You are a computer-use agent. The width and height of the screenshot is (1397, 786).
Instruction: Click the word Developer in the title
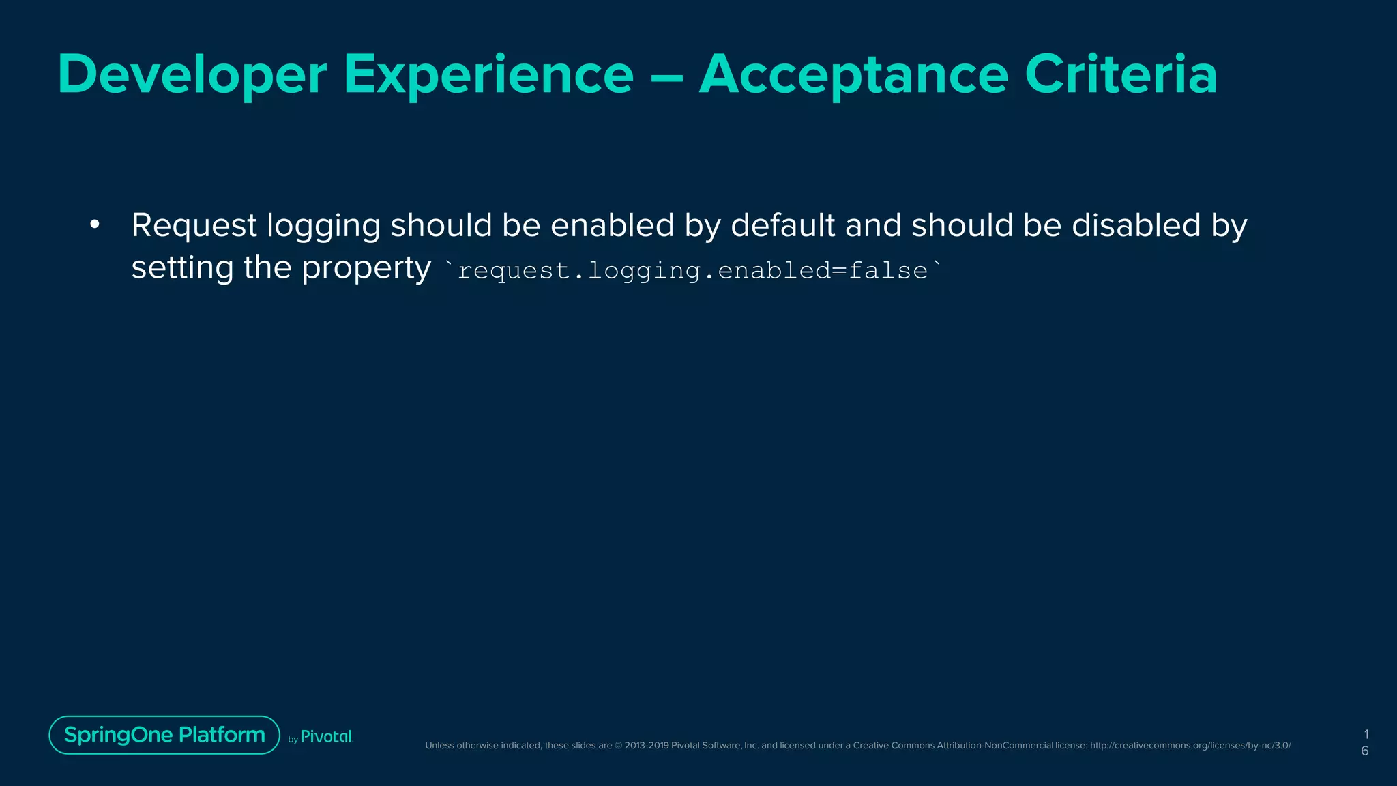(192, 75)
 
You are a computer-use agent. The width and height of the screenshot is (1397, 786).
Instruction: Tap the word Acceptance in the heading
(853, 75)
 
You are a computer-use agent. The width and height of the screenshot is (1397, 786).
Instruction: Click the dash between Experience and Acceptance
(666, 76)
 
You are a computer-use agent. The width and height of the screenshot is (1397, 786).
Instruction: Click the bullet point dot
(95, 224)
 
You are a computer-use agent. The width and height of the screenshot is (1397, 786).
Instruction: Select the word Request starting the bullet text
(194, 226)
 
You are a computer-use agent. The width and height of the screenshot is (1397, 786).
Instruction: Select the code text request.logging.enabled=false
(692, 271)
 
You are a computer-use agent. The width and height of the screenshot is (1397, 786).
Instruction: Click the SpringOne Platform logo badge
(164, 735)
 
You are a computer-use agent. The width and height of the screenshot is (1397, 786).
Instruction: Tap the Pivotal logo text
(326, 737)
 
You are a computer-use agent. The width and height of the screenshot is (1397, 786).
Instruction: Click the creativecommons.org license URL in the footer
(1190, 746)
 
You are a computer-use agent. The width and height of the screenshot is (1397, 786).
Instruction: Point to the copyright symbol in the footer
(619, 746)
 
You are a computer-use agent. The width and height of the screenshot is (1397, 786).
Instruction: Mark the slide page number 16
(1365, 742)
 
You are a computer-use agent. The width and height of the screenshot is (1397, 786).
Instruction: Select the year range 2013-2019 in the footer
(647, 746)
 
